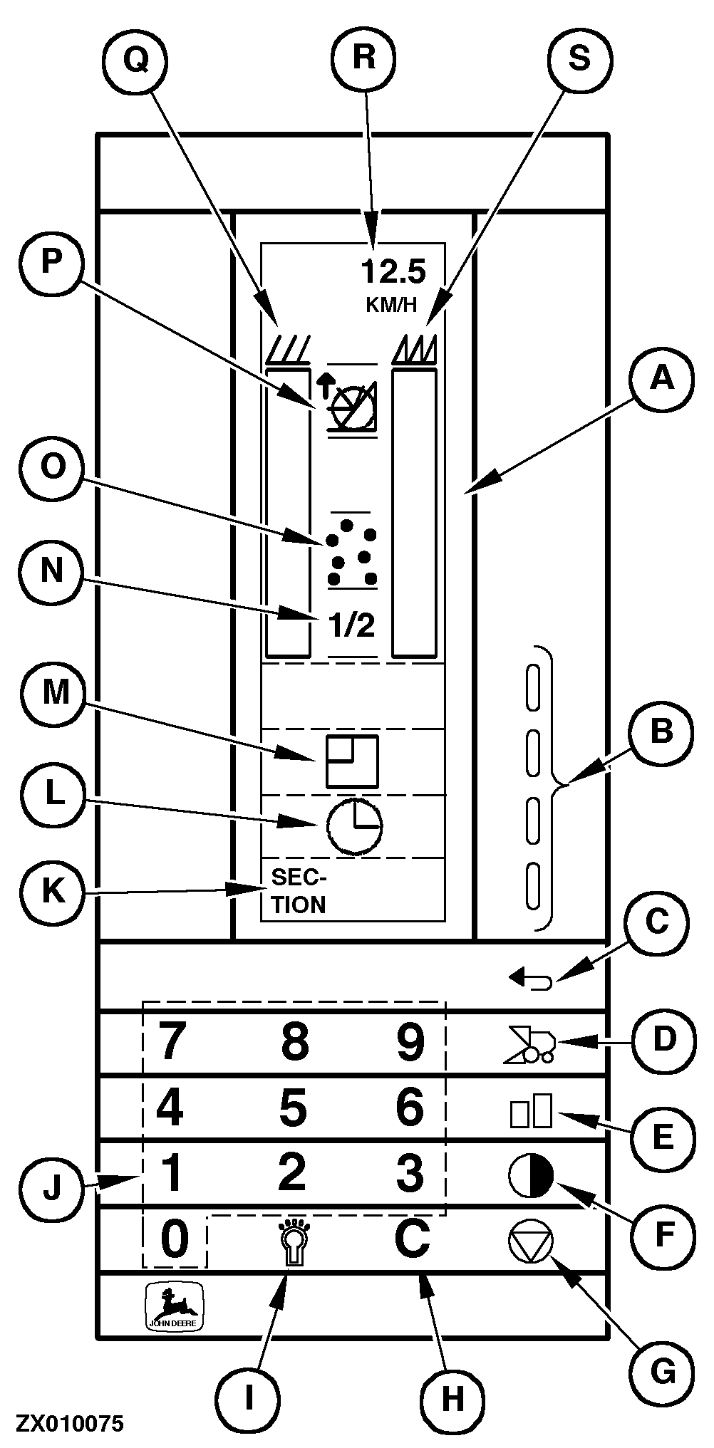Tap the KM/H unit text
(x=391, y=305)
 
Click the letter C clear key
(x=411, y=1238)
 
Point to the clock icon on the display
(x=354, y=826)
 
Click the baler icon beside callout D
(x=531, y=1043)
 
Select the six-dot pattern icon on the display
(x=352, y=553)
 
